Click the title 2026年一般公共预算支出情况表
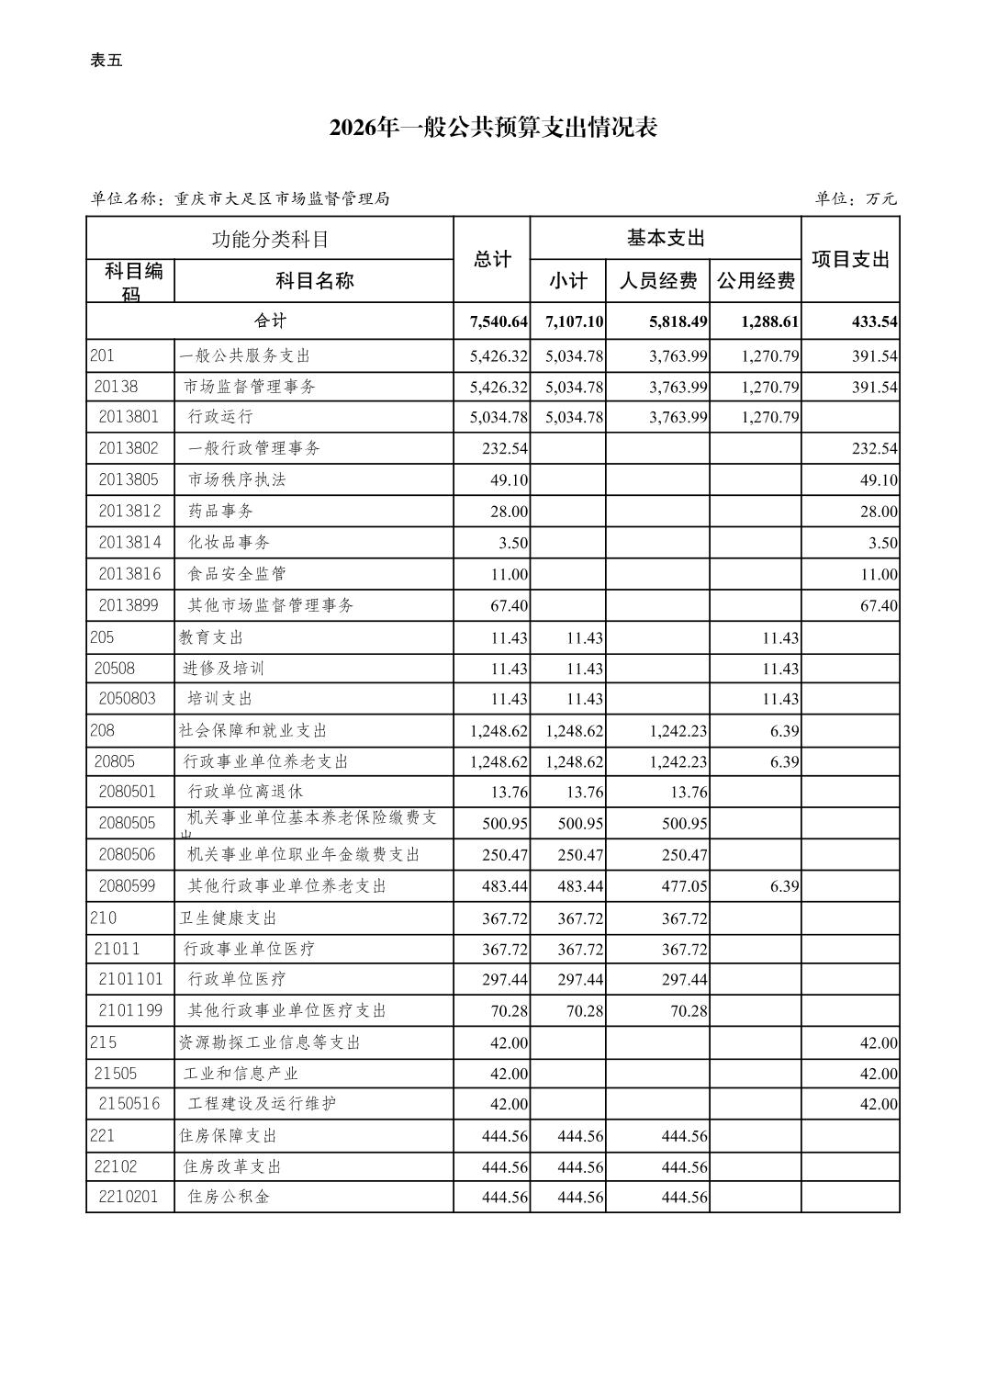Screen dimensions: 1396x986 493,128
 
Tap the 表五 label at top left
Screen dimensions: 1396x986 106,61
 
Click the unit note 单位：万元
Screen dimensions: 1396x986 855,198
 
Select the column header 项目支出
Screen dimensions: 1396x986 850,260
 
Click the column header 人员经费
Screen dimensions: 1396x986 657,281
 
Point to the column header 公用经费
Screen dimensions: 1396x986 756,281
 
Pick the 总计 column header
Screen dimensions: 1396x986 492,260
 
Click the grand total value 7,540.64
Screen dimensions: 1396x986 499,321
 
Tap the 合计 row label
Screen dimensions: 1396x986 270,321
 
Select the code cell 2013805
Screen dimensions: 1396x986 129,479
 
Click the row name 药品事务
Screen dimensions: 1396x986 220,511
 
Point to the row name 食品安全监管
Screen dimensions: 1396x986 237,574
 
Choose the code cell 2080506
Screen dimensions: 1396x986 128,854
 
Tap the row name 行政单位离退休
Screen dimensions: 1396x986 245,792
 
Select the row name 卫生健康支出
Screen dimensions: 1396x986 228,918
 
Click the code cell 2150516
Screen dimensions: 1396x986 129,1103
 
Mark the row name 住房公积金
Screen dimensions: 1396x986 229,1197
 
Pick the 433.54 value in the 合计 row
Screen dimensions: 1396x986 874,321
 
